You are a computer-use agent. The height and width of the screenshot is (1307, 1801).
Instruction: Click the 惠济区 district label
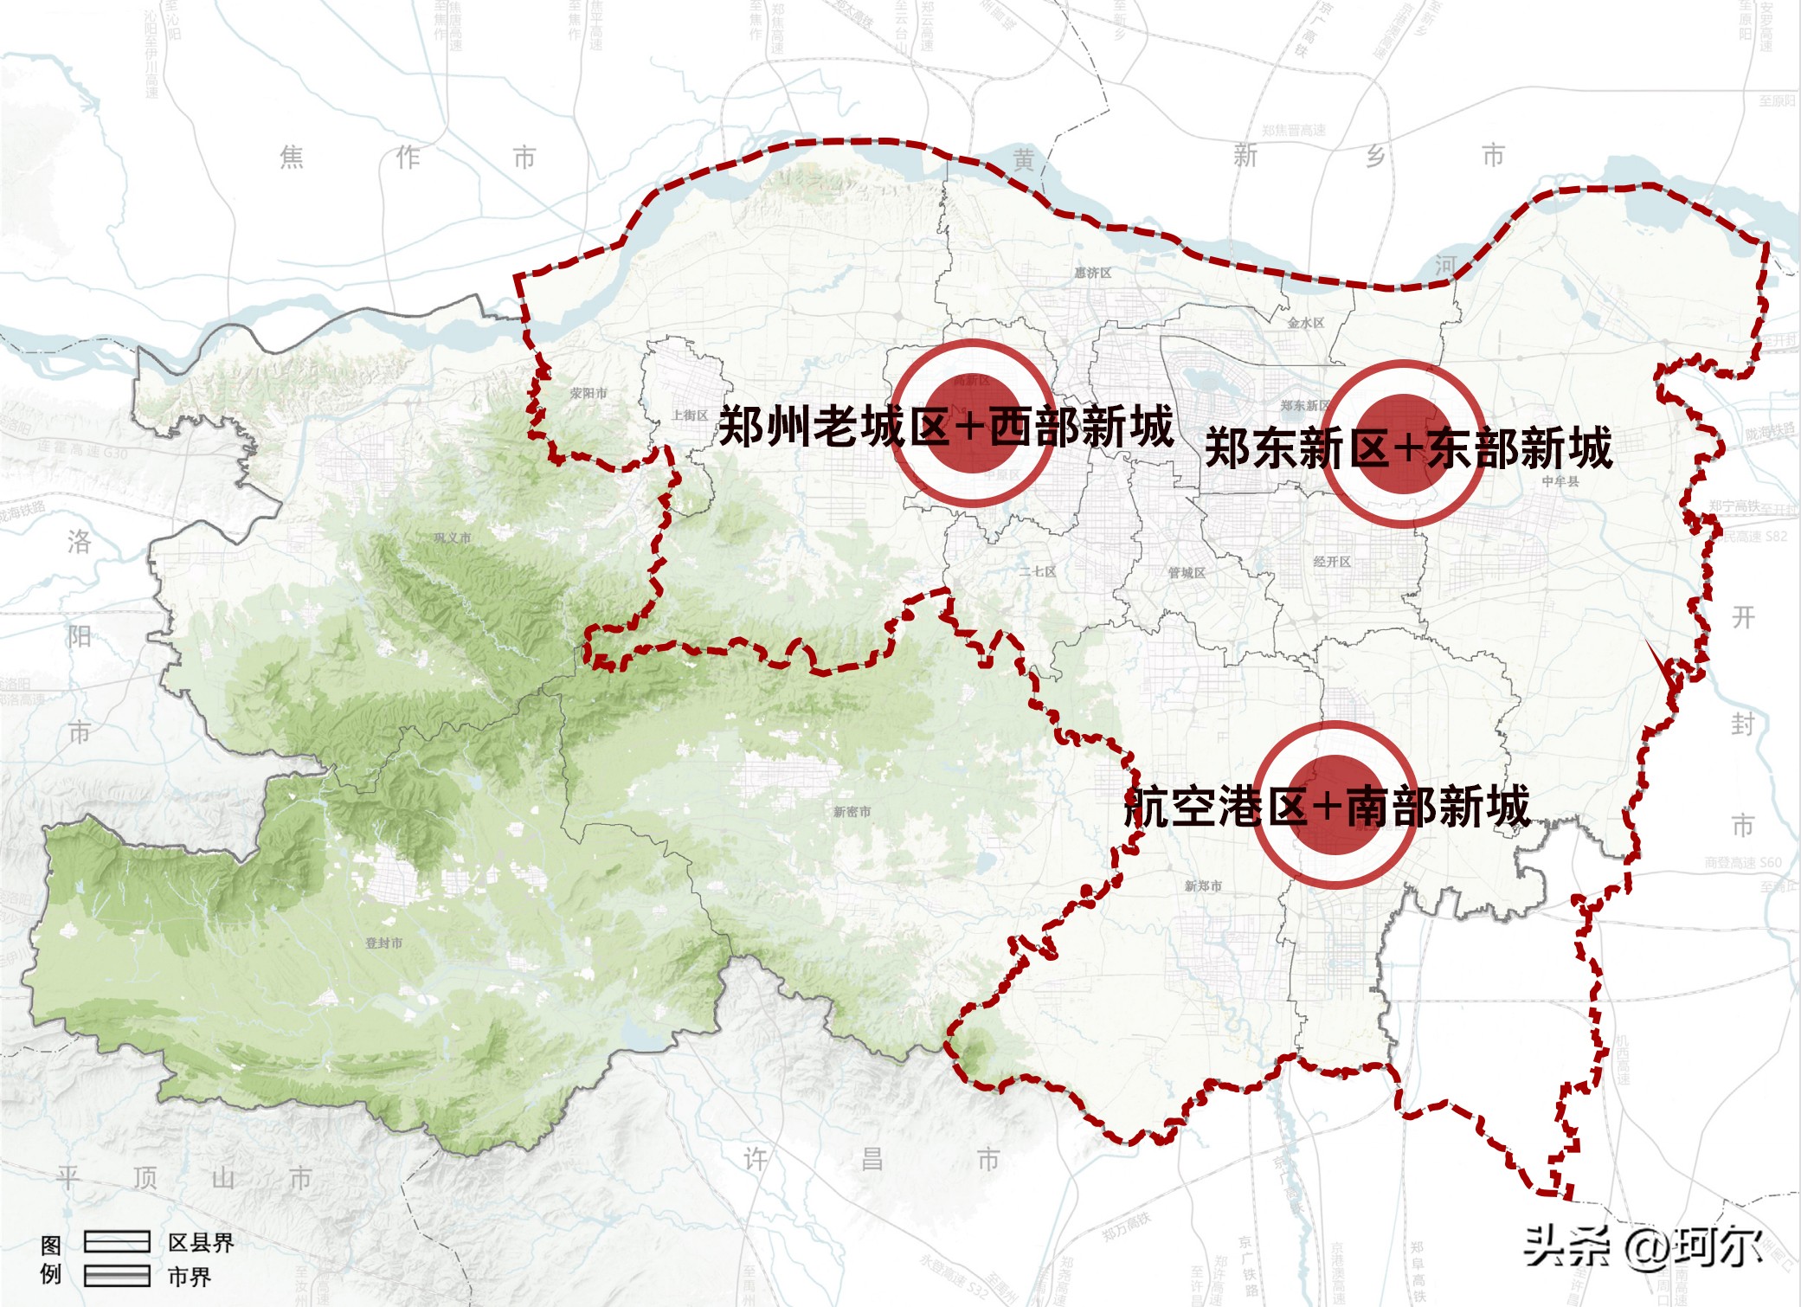(x=1092, y=273)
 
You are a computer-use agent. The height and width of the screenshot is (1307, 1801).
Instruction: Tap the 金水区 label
(x=1305, y=323)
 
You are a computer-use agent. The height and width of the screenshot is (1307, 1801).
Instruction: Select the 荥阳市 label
(x=589, y=393)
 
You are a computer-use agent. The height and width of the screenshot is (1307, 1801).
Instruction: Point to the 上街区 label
(x=690, y=415)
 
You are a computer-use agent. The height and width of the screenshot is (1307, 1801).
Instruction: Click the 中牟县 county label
(x=1560, y=481)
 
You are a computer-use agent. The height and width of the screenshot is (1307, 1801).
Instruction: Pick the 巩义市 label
(x=453, y=538)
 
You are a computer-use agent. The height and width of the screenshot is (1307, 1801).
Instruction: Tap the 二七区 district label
(x=1037, y=571)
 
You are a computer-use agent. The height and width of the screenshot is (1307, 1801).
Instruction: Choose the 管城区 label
(x=1187, y=573)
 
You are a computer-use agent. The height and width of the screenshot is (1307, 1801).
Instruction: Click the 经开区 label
(x=1332, y=562)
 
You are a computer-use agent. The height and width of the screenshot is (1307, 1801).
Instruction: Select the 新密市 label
(x=852, y=811)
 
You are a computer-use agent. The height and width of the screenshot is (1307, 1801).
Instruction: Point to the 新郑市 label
(x=1203, y=885)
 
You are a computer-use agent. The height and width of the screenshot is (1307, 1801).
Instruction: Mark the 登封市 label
(x=384, y=943)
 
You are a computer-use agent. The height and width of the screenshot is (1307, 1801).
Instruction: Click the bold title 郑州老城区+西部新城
(x=946, y=426)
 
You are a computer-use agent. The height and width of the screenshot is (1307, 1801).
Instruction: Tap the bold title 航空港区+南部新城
(x=1327, y=807)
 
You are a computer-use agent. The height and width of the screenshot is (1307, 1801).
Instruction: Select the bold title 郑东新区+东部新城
(x=1408, y=447)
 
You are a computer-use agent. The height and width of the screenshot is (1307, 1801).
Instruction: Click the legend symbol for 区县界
(x=117, y=1242)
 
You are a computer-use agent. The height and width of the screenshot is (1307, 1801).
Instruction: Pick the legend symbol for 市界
(x=117, y=1276)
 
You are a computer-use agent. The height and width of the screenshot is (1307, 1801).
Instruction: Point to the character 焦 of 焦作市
(x=292, y=157)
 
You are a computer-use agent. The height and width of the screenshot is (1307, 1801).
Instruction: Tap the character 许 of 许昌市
(x=756, y=1159)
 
